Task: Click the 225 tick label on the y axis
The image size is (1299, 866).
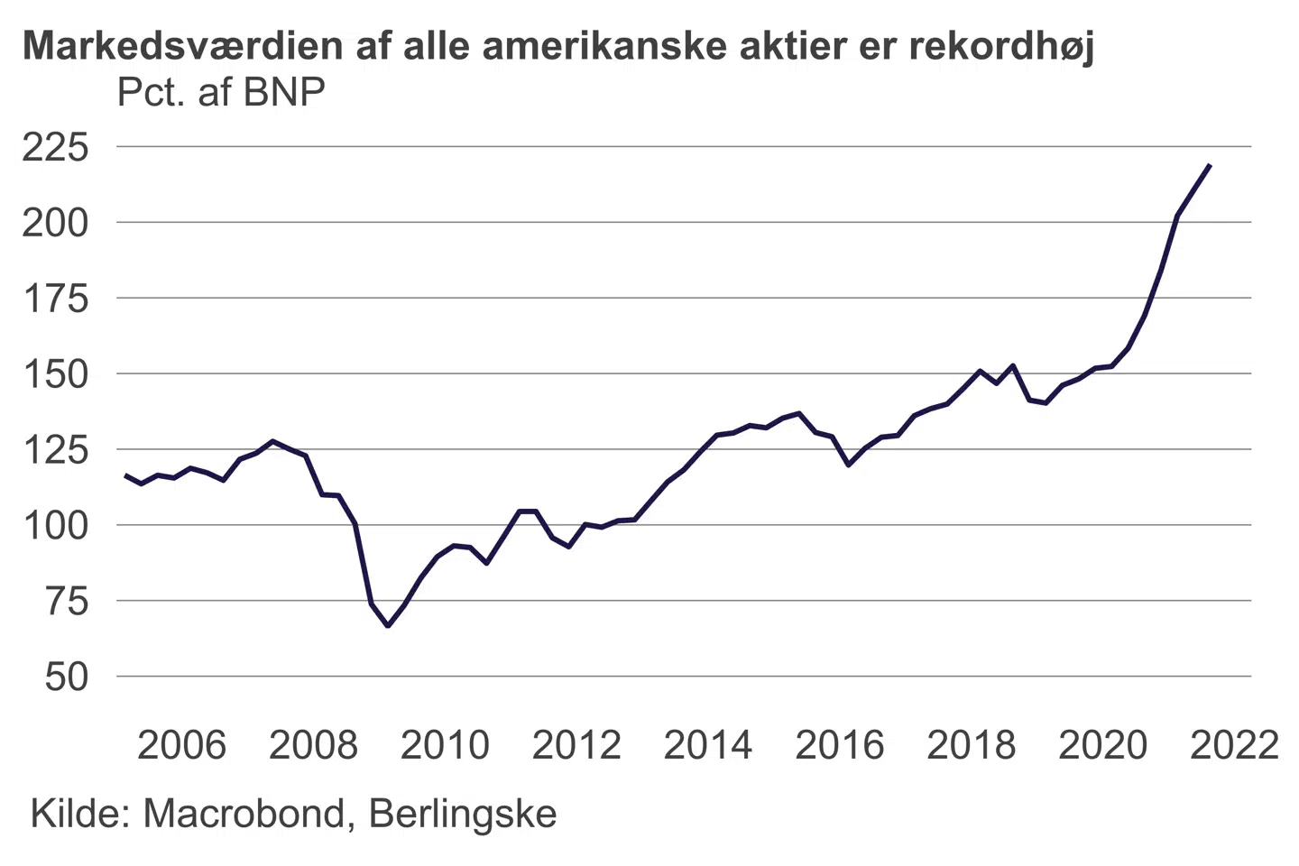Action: click(x=56, y=147)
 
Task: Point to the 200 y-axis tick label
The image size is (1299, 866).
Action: click(x=56, y=223)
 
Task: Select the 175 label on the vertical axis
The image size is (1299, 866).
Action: click(x=56, y=299)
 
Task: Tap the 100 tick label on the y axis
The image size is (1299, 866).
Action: click(x=56, y=525)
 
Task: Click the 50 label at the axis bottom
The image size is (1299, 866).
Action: click(x=67, y=677)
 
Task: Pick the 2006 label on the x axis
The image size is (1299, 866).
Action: click(x=181, y=746)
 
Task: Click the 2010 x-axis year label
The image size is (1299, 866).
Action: click(x=445, y=746)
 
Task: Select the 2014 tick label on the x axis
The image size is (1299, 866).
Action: click(x=708, y=746)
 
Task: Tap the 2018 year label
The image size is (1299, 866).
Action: click(x=971, y=746)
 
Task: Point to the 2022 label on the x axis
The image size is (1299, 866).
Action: click(x=1234, y=746)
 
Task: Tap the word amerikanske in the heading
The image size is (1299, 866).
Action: click(x=604, y=46)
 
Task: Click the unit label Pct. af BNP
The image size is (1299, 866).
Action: click(x=221, y=93)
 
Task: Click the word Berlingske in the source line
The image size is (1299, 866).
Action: click(x=463, y=814)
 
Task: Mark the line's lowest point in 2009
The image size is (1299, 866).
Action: click(x=388, y=625)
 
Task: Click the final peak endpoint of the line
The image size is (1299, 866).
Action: click(x=1210, y=165)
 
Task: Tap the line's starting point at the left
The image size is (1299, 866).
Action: click(x=125, y=474)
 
